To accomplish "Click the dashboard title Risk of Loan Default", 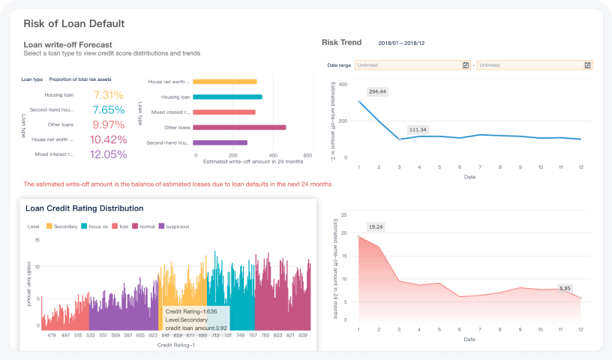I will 73,24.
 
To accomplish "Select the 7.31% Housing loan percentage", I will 109,95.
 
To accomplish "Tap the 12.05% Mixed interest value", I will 109,154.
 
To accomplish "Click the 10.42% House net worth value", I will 109,139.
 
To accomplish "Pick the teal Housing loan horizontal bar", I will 227,97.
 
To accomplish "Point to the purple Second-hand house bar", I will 220,142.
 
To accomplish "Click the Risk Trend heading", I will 341,43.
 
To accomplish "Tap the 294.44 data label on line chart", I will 377,91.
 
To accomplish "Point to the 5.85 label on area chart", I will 564,288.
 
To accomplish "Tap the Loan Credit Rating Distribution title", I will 84,208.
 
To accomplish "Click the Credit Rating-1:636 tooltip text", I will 191,311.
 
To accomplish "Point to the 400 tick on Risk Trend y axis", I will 343,84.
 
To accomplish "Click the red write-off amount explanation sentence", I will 177,184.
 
